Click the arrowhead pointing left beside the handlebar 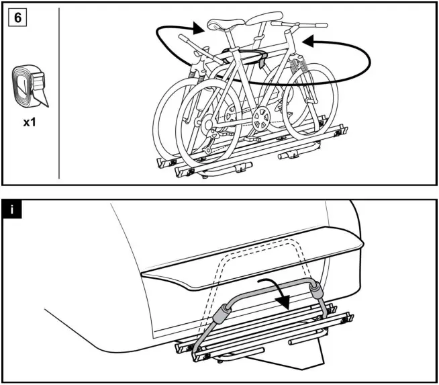(x=309, y=42)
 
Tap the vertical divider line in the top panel (x=60, y=94)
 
